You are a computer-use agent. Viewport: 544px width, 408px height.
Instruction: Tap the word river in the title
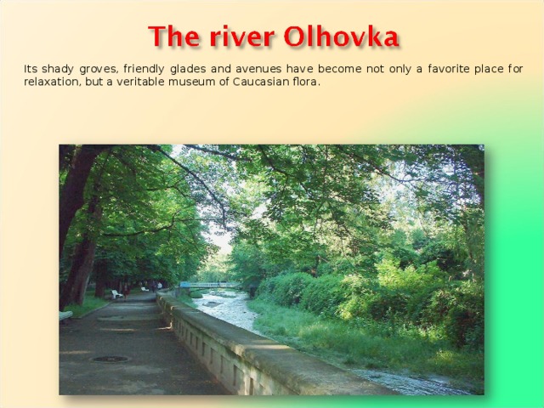(240, 37)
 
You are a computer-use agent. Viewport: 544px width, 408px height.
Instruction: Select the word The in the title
(175, 37)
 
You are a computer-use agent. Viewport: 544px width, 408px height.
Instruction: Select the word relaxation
(53, 82)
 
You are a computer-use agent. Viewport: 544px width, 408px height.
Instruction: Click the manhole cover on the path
(110, 359)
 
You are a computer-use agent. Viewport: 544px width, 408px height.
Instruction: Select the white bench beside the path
(115, 294)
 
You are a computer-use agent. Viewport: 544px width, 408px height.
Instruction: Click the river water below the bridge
(225, 310)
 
